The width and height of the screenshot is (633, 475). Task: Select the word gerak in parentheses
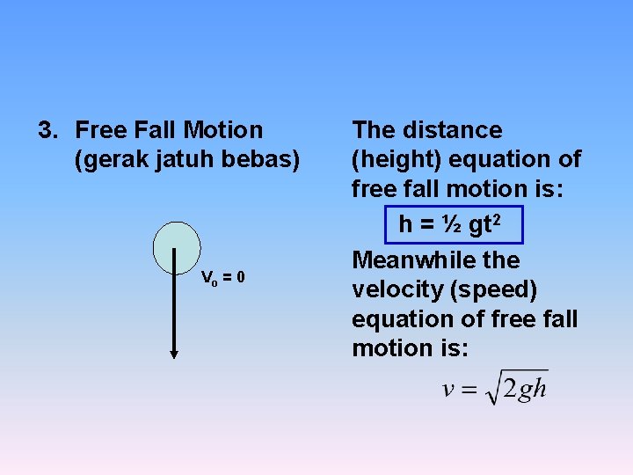109,160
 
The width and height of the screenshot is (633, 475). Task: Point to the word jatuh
176,160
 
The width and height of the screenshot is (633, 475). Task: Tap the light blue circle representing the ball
177,247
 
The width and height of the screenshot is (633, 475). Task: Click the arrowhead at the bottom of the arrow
174,354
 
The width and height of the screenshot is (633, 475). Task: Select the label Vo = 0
223,279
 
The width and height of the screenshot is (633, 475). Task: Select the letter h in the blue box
405,225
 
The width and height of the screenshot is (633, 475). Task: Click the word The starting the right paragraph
374,131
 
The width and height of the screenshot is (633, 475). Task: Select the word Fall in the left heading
159,131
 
